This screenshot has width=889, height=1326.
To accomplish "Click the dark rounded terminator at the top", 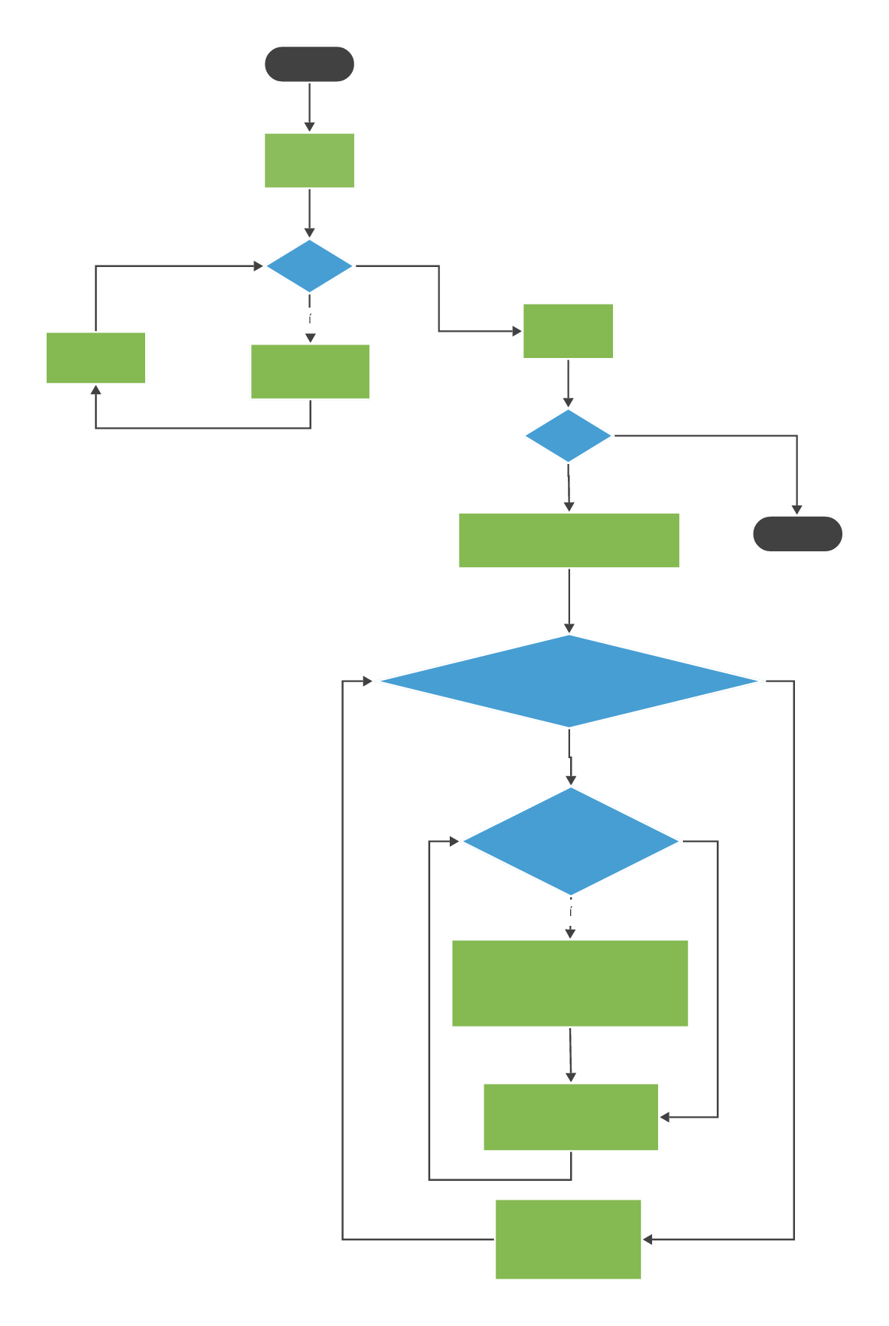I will pos(309,64).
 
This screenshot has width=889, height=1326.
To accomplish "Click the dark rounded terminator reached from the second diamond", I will pos(797,534).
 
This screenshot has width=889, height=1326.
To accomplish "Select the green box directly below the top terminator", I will pos(309,160).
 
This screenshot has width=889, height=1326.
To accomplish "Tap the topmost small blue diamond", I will pos(309,266).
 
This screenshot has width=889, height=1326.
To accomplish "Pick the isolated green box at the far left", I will pos(96,358).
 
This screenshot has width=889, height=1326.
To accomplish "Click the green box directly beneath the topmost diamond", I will pos(310,372).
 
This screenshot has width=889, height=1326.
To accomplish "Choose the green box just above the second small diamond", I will pos(568,331).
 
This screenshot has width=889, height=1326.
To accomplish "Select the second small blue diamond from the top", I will pos(568,435).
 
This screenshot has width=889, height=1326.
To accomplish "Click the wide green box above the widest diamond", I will pos(569,540).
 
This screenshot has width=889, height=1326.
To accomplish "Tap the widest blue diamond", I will pos(569,681).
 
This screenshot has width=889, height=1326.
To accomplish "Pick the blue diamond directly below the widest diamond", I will pos(571,841).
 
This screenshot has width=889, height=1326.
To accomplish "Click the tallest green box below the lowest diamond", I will pos(569,983).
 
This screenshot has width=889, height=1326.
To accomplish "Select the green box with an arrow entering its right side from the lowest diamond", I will pos(570,1117).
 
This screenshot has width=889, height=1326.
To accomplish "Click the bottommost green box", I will pos(568,1239).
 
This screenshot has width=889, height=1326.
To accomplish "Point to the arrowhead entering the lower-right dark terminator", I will pos(797,510).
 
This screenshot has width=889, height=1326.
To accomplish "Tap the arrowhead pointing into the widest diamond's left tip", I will pos(368,681).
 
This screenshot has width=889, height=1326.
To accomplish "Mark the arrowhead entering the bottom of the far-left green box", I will pos(96,390).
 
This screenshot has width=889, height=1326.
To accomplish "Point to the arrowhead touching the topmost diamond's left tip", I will pos(259,266).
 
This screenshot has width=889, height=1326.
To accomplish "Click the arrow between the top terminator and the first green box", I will pos(309,107).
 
